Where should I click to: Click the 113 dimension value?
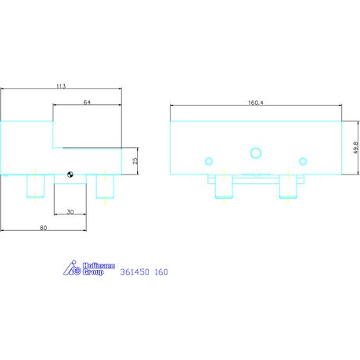(x=61, y=86)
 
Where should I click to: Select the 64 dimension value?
(x=87, y=103)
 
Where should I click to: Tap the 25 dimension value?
(x=135, y=160)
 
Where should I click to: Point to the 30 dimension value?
(x=70, y=212)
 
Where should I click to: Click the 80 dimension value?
(x=43, y=228)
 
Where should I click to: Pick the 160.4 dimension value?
(x=256, y=103)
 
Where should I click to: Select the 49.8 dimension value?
(x=355, y=148)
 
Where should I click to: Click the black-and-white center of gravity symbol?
(x=70, y=175)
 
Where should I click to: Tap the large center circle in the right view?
(x=256, y=153)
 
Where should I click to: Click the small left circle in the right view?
(x=209, y=161)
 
